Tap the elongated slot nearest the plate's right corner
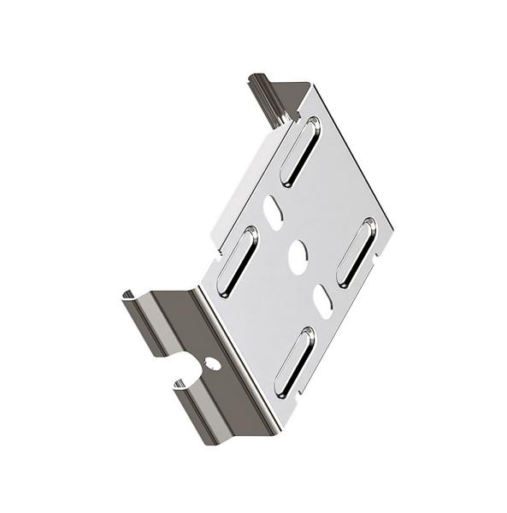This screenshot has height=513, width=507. tap(356, 251)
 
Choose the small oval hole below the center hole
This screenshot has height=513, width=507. tap(322, 301)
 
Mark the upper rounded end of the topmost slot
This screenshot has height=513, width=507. tap(312, 126)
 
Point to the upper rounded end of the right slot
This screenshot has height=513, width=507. tap(368, 225)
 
